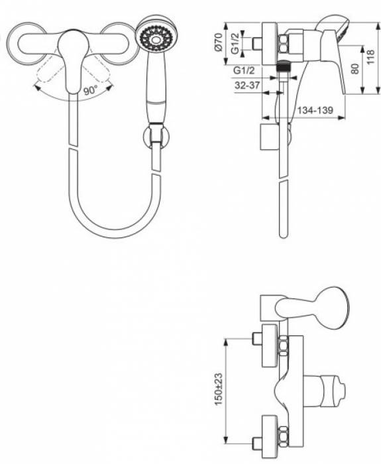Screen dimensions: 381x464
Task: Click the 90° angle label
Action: tap(91, 89)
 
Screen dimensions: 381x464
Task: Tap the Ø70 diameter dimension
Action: tap(218, 42)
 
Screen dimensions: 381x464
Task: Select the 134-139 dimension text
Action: tap(315, 111)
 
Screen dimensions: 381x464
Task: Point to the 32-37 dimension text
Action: tap(246, 86)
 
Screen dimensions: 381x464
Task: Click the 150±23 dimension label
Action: tap(219, 389)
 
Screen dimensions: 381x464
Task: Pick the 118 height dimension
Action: tap(370, 57)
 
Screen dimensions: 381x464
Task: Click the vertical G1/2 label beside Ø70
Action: tap(235, 43)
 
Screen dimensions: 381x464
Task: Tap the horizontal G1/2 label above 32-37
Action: tap(244, 70)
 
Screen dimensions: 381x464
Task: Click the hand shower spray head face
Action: tap(154, 38)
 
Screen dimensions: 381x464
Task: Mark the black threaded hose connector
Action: tap(284, 66)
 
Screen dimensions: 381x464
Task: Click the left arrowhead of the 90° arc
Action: tap(37, 87)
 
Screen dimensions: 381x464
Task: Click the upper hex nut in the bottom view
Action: tap(283, 345)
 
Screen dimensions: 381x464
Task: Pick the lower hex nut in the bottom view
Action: tap(283, 435)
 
